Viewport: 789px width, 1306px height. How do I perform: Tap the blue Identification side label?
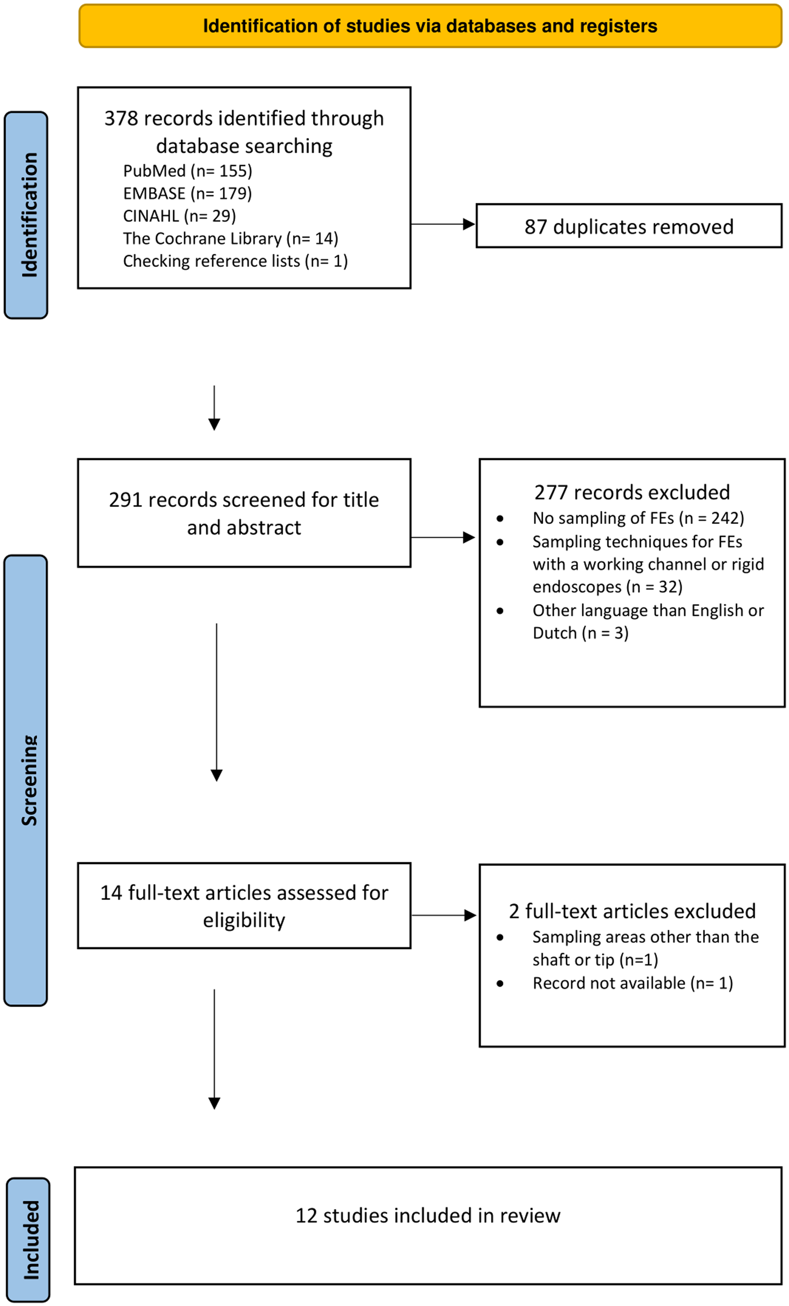(26, 215)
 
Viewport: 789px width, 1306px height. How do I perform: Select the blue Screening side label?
(26, 780)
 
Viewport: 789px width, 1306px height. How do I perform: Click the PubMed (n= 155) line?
(188, 171)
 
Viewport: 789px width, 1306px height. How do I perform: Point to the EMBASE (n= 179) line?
(188, 193)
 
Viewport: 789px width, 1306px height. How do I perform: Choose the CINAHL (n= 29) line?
(180, 216)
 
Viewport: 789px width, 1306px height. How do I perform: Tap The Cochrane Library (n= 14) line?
(230, 239)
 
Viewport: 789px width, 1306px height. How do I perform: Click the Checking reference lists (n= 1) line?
(235, 261)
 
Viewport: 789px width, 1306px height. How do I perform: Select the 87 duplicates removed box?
(629, 226)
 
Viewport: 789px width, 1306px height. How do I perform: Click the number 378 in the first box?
(121, 118)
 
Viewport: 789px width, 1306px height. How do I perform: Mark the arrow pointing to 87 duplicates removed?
(443, 224)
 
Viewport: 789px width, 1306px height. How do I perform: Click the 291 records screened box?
(244, 513)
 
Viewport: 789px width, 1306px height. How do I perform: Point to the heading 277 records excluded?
(632, 492)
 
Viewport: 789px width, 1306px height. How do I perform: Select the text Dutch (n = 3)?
(581, 633)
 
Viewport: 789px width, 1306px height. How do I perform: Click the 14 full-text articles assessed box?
(244, 906)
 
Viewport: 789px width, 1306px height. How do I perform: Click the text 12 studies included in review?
(427, 1215)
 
